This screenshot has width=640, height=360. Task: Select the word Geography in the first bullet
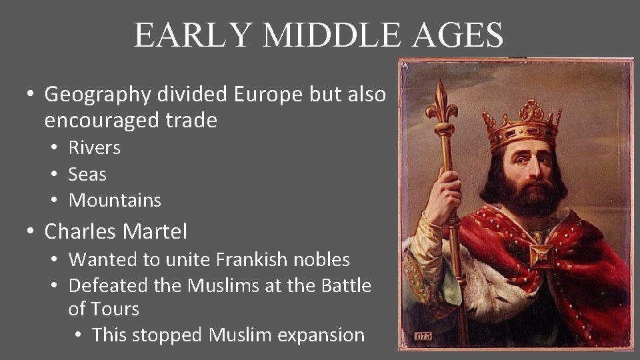[x=98, y=95]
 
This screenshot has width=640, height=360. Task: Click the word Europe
[x=269, y=94]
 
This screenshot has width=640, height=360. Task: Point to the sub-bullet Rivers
[x=95, y=147]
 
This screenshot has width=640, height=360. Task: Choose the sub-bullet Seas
[x=87, y=174]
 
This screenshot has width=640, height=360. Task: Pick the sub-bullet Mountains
[x=115, y=200]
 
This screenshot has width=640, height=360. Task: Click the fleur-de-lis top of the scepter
[x=440, y=103]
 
